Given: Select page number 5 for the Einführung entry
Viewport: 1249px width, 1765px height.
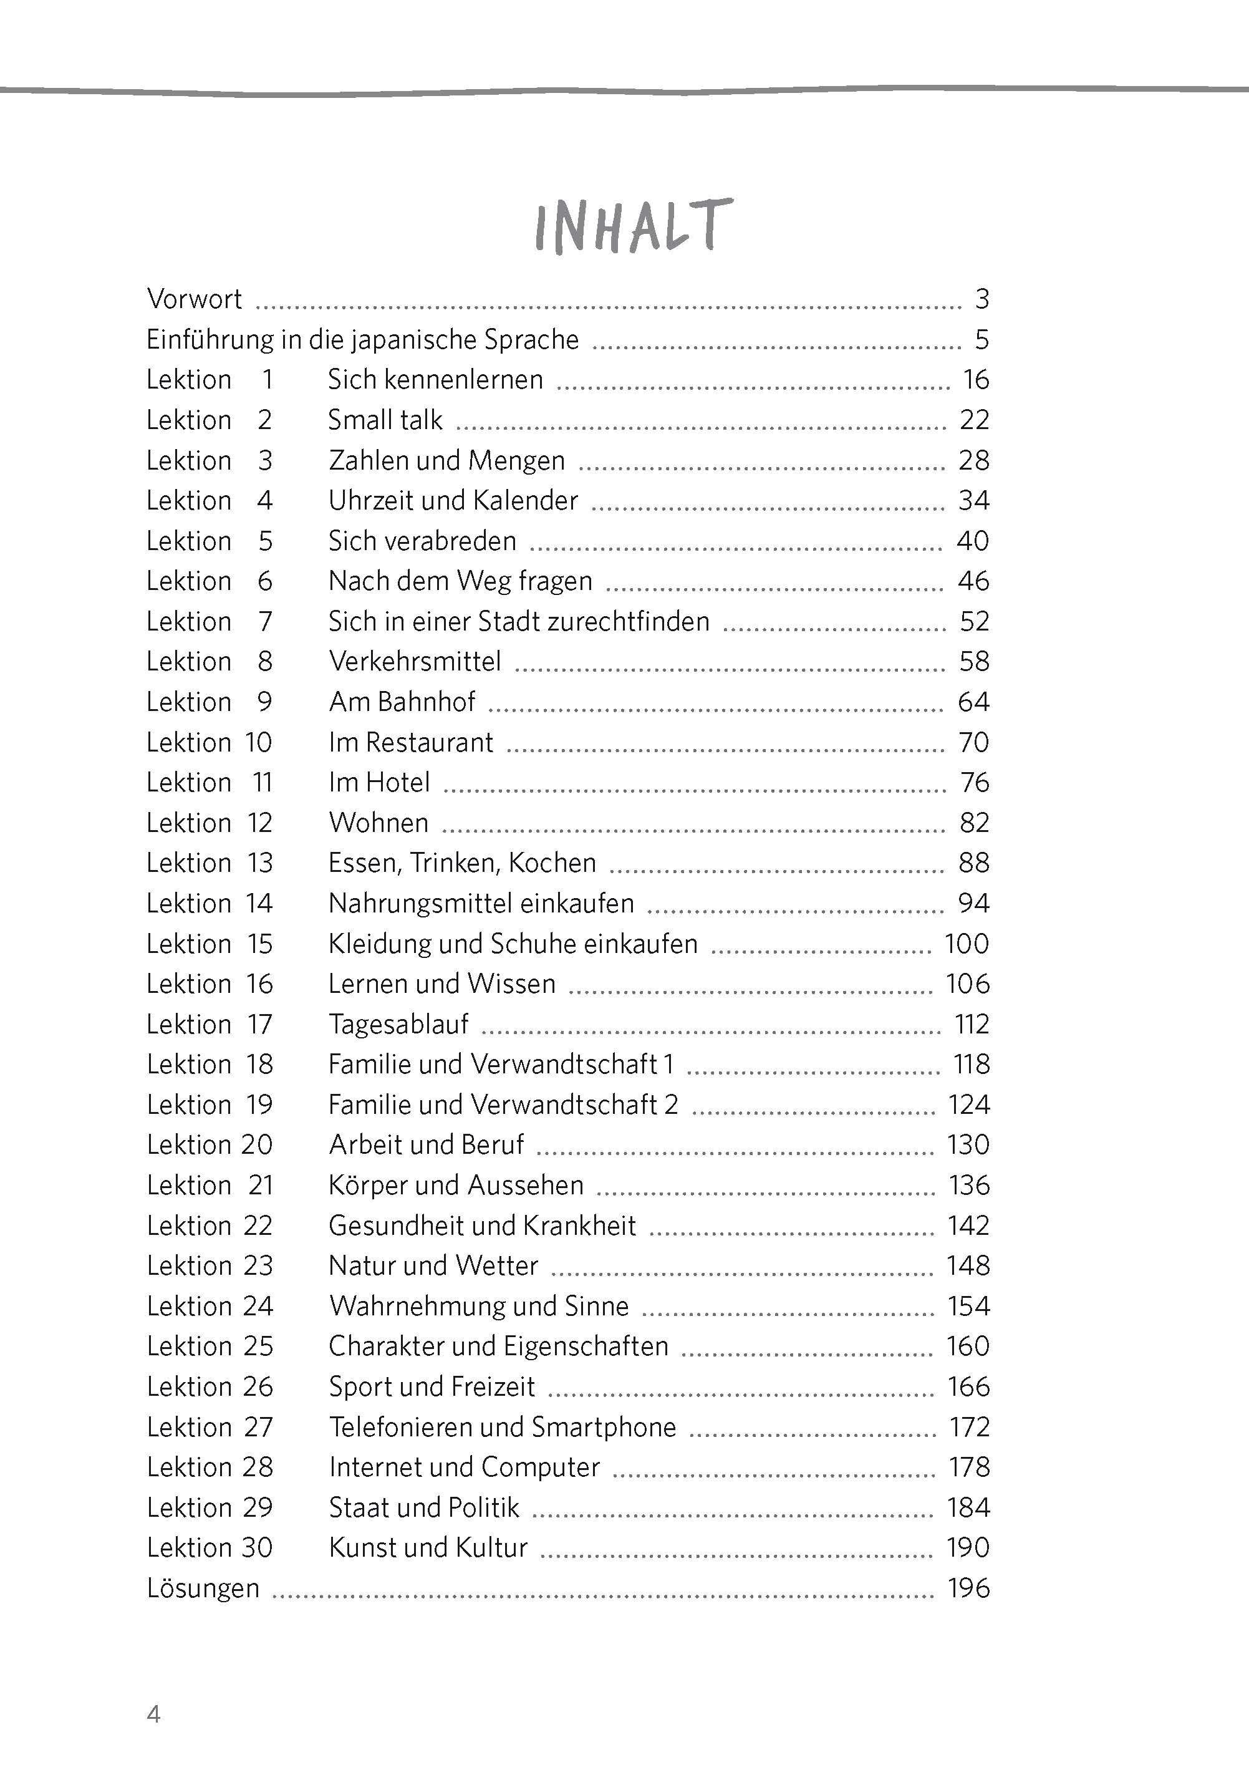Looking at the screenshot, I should tap(981, 339).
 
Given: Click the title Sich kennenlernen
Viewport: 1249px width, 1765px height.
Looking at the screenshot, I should tap(435, 379).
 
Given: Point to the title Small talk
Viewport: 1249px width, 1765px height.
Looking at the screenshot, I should tap(385, 420).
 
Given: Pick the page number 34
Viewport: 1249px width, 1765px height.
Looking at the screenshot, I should tap(973, 501).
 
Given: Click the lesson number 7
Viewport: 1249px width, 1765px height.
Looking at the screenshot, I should tap(266, 621).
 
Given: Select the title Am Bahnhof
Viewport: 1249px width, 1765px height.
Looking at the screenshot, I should tap(402, 702).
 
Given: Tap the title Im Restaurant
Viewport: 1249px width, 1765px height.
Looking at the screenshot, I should tap(411, 742).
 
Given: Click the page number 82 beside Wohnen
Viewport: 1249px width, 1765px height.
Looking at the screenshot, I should tap(973, 823).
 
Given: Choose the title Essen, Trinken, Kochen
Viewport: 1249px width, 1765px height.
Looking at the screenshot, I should tap(461, 863).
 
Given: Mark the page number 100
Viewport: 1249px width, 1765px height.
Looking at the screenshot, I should tap(966, 944).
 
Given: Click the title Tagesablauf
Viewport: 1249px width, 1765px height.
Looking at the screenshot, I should tap(398, 1025).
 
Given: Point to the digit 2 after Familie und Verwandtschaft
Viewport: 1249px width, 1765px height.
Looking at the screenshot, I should tap(671, 1105).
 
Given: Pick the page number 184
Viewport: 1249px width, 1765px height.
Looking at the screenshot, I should tap(968, 1507).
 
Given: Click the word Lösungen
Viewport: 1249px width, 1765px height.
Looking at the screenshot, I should tap(203, 1588).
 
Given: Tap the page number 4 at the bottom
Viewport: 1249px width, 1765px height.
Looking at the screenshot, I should tap(154, 1714).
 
